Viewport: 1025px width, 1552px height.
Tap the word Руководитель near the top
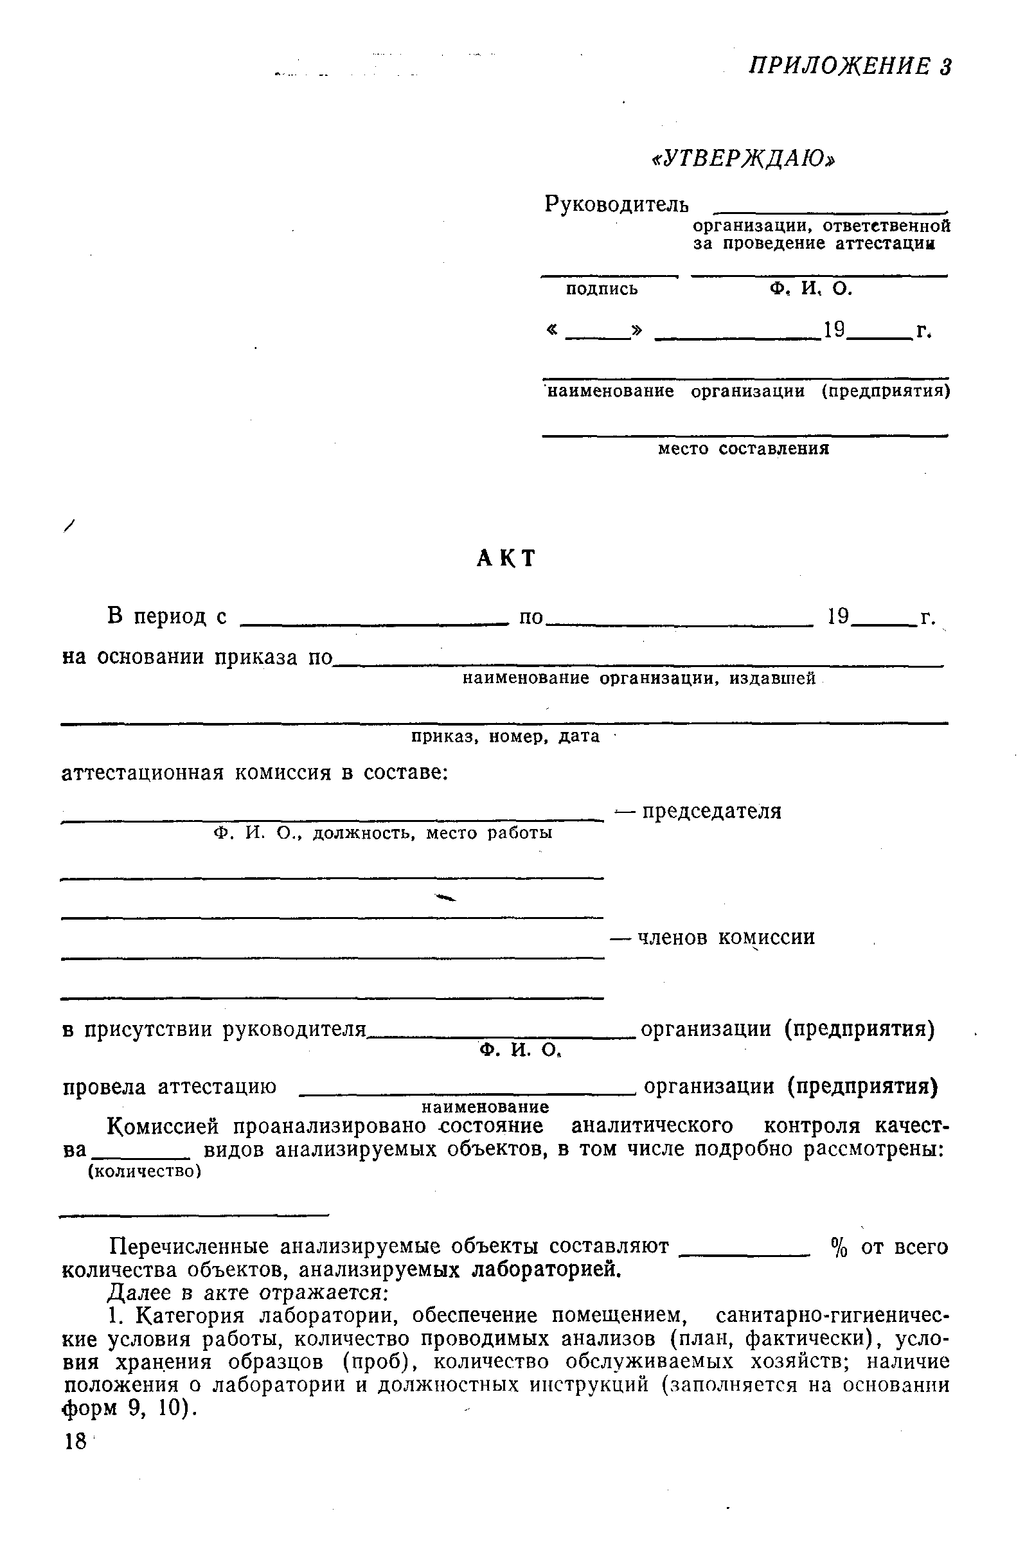(616, 205)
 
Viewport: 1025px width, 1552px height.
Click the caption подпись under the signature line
(602, 289)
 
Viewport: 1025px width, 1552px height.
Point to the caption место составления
(744, 449)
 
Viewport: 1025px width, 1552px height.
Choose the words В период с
(166, 616)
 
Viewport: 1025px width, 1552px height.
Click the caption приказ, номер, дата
(504, 736)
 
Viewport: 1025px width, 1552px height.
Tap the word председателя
(711, 812)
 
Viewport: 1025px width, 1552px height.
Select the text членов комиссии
(726, 938)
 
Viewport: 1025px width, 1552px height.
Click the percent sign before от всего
(839, 1248)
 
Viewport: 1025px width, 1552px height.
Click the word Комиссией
(166, 1127)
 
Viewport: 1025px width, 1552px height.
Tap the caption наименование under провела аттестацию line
(485, 1107)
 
